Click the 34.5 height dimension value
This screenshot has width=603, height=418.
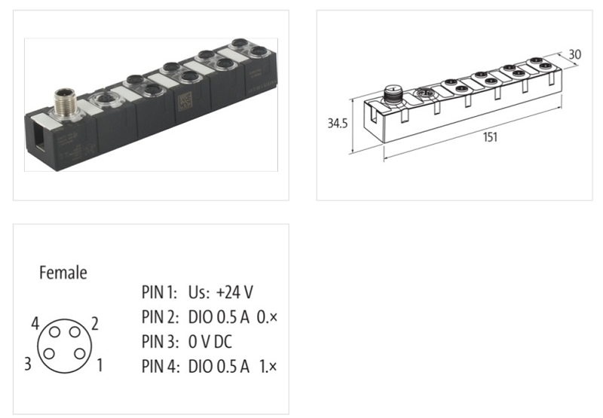click(x=337, y=124)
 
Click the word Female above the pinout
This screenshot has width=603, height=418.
click(x=63, y=273)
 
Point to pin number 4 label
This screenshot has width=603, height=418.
click(x=35, y=324)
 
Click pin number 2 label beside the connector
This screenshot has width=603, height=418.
click(x=96, y=324)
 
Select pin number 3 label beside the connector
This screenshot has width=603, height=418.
click(x=28, y=366)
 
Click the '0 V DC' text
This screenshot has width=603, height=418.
click(x=211, y=342)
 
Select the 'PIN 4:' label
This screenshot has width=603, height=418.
click(x=158, y=367)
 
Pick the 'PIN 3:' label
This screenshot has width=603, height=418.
click(x=158, y=342)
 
